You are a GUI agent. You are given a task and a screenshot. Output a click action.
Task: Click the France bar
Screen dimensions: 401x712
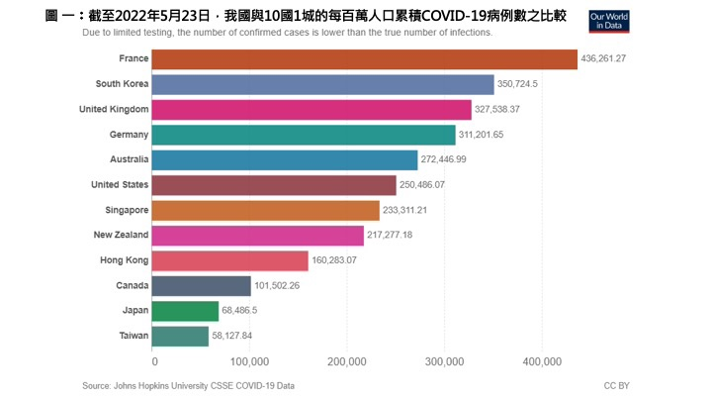[x=365, y=59]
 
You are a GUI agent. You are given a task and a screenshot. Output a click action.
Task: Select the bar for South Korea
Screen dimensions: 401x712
[x=323, y=84]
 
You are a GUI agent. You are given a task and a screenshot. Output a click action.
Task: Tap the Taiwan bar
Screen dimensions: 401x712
[x=182, y=337]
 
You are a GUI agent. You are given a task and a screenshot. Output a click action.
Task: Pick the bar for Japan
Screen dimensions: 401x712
[x=187, y=311]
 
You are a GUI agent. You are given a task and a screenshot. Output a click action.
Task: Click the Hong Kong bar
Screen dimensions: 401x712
[x=231, y=260]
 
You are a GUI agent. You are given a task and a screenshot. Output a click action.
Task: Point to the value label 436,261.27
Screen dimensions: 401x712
[x=604, y=59]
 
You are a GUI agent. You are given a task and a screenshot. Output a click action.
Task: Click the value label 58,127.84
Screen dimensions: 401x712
[x=237, y=337]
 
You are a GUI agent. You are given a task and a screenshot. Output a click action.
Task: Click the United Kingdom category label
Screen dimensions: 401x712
[x=114, y=109]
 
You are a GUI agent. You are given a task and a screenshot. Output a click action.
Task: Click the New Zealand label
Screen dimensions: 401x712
[x=122, y=235]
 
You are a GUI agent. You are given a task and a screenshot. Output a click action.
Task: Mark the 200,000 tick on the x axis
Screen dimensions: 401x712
[x=348, y=361]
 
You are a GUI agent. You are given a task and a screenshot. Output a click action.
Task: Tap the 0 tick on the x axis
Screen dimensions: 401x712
[x=155, y=361]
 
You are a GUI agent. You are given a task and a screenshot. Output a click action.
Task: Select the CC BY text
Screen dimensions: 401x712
[x=617, y=385]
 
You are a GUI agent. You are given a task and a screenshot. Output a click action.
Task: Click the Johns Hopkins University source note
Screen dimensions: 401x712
[x=188, y=385]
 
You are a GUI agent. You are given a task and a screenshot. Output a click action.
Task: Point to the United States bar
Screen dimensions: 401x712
[x=275, y=185]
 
